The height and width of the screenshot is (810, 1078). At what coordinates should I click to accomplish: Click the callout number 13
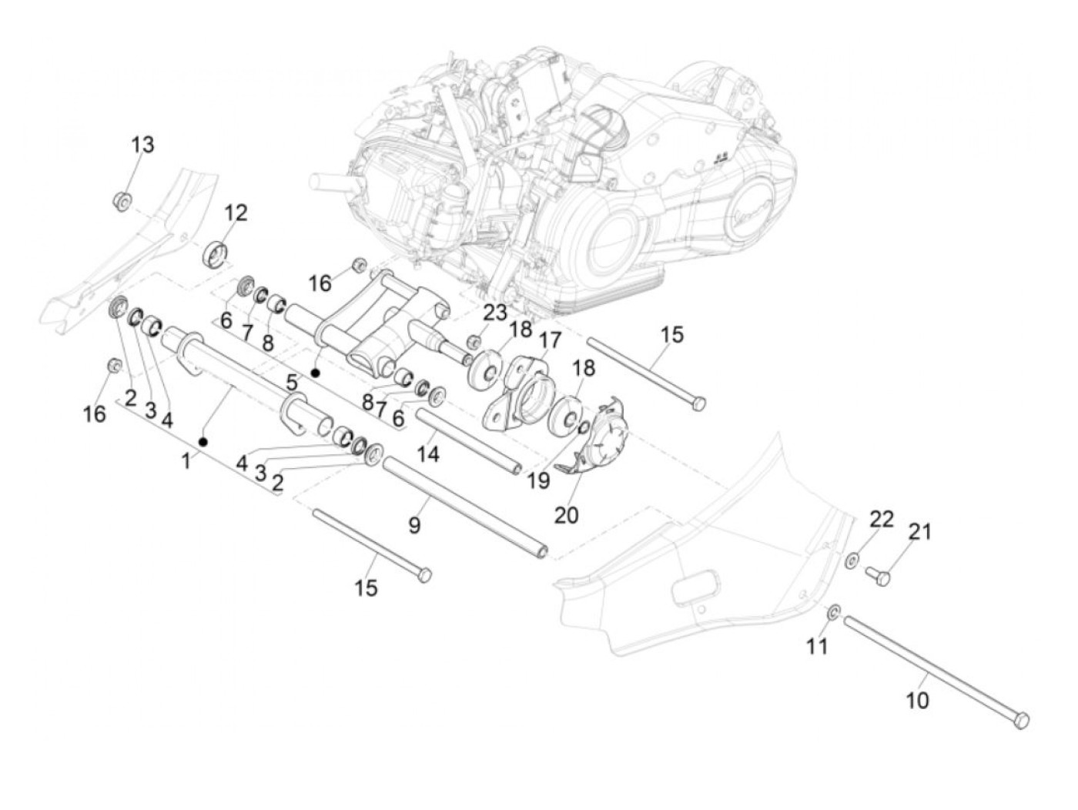[142, 145]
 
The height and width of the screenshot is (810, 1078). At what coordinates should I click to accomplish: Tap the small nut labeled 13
[120, 202]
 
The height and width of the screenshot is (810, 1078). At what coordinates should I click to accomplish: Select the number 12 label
[236, 213]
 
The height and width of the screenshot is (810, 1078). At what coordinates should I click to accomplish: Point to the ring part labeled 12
[216, 253]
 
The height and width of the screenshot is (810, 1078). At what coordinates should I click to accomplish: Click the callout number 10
[918, 700]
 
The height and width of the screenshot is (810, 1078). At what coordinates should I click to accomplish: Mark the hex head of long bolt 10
[1021, 721]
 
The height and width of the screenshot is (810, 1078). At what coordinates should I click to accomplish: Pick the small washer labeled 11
[834, 614]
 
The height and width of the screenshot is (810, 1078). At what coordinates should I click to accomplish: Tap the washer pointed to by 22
[853, 561]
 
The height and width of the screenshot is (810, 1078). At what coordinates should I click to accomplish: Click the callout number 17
[550, 340]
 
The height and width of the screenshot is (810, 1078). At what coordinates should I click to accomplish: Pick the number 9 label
[414, 526]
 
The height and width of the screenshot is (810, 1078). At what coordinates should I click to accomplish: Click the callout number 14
[428, 454]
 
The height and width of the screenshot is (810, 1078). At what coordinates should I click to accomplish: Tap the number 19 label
[538, 480]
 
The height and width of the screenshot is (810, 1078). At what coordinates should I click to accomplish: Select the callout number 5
[291, 381]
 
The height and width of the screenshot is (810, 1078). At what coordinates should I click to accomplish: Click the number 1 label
[186, 462]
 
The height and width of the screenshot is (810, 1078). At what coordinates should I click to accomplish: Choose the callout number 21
[920, 531]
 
